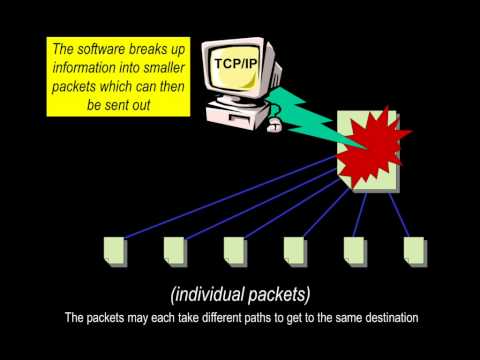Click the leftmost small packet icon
tap(116, 250)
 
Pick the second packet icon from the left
tap(175, 250)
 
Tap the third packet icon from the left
tap(235, 250)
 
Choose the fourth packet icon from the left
tap(295, 250)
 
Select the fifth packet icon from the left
tap(355, 250)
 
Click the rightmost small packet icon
tap(413, 250)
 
